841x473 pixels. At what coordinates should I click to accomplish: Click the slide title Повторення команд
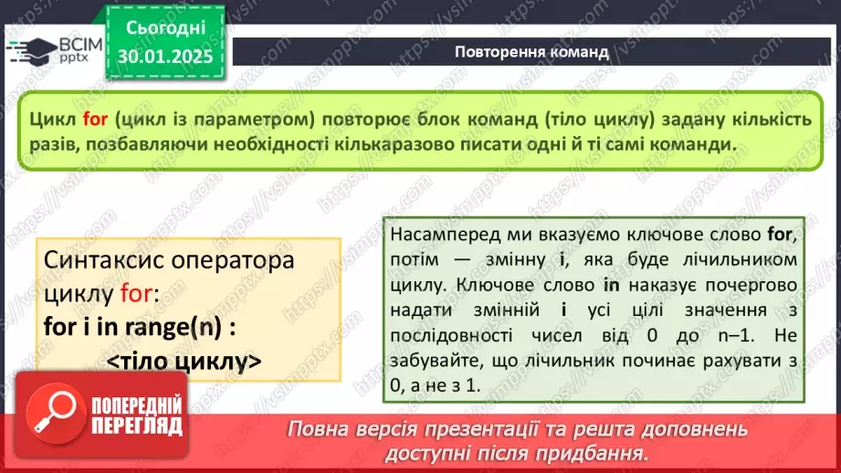[x=531, y=51]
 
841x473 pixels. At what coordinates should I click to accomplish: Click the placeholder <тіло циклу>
[x=184, y=362]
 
